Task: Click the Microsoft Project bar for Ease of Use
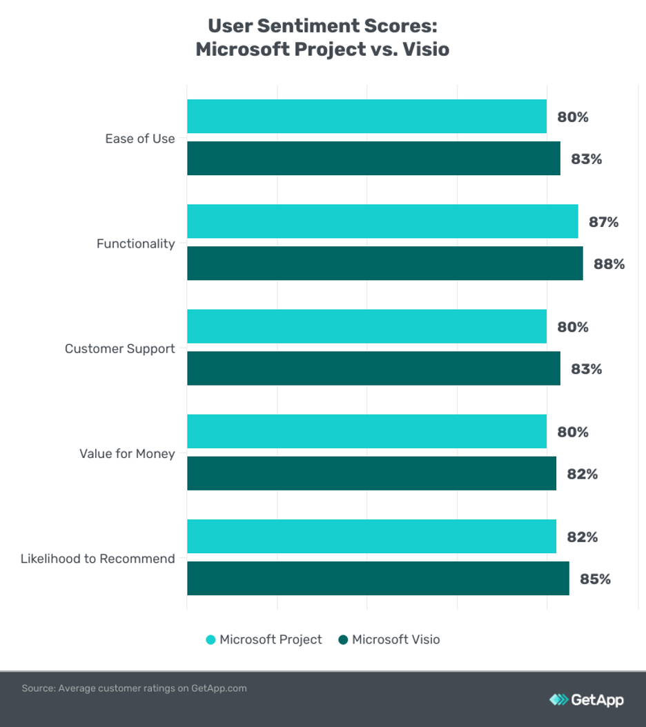(x=366, y=117)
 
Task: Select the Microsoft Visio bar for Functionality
(x=384, y=263)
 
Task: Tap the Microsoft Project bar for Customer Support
(x=366, y=326)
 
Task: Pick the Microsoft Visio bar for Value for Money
(x=371, y=474)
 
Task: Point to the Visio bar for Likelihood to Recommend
(x=378, y=579)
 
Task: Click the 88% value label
(x=609, y=264)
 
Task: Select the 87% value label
(x=603, y=222)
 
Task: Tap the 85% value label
(x=596, y=579)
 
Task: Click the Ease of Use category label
(x=140, y=139)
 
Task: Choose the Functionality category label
(x=136, y=243)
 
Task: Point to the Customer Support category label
(x=120, y=349)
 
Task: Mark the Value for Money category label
(x=127, y=454)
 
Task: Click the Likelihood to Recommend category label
(x=98, y=559)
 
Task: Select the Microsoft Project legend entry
(x=264, y=640)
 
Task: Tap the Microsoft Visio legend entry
(x=389, y=640)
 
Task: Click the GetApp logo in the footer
(x=586, y=700)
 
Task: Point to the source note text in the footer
(x=134, y=688)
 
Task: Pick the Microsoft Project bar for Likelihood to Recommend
(x=371, y=537)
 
